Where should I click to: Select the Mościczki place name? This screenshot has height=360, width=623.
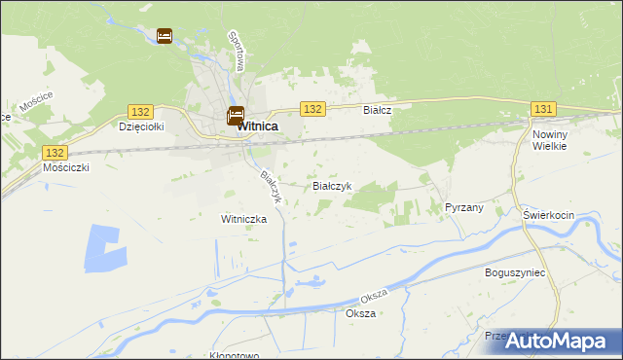(x=66, y=167)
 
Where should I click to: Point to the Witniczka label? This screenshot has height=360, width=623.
(x=244, y=219)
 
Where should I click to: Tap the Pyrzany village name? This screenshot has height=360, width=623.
(x=463, y=207)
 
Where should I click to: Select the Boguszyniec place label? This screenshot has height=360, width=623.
(x=515, y=273)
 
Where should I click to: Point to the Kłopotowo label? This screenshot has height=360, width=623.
(x=235, y=355)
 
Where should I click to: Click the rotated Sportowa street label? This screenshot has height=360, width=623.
(x=236, y=51)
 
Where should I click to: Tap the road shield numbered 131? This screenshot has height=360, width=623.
(x=543, y=110)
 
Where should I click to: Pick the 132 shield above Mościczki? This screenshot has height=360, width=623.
(x=55, y=153)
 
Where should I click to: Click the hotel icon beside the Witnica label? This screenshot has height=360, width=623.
(x=236, y=115)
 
